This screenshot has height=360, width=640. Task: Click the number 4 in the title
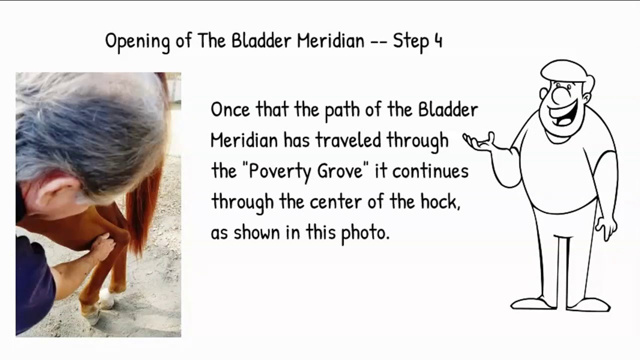(x=438, y=40)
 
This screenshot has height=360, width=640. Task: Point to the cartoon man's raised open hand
(x=478, y=142)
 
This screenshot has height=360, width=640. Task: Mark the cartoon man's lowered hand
(x=607, y=228)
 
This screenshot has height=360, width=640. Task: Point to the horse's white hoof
(x=106, y=298)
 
